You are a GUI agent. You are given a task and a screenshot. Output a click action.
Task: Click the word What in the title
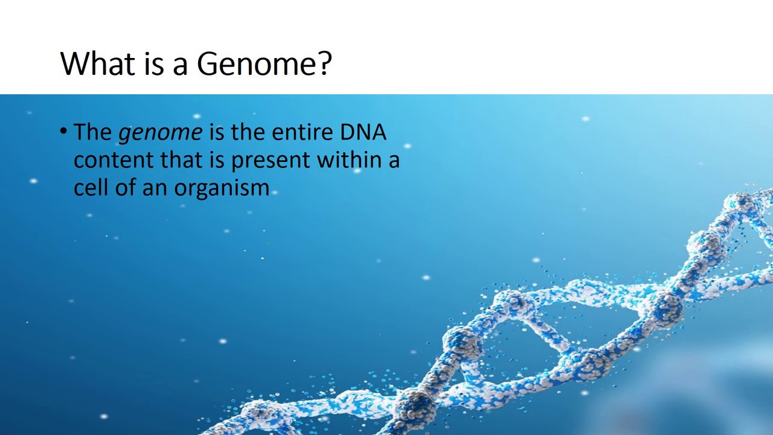coord(98,63)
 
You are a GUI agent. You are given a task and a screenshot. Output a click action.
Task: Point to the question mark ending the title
coord(324,63)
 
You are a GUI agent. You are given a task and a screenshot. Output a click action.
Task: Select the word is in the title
coord(154,63)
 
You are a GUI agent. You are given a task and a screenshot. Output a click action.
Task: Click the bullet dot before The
coord(64,131)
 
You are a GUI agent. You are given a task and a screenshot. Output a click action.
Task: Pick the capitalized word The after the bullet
coord(92,132)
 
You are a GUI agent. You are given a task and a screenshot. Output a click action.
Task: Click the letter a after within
coord(394,161)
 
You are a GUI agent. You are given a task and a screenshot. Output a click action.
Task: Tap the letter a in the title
coord(180,65)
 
